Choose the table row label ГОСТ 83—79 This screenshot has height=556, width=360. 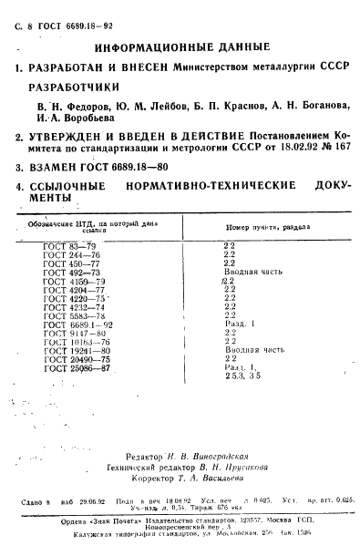pos(64,247)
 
